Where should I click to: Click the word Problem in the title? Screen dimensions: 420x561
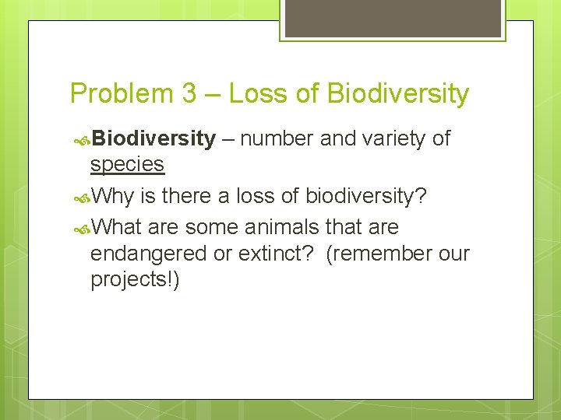[x=121, y=94]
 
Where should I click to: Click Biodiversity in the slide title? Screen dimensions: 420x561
[x=397, y=94]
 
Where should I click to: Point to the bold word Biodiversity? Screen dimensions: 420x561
[x=153, y=139]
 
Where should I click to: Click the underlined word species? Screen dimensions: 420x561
[x=127, y=164]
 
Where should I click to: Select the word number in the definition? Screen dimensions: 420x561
[x=277, y=139]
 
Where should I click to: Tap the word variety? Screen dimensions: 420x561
[x=393, y=139]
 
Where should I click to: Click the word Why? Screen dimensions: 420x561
[x=114, y=196]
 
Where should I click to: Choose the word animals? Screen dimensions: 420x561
[x=282, y=227]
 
